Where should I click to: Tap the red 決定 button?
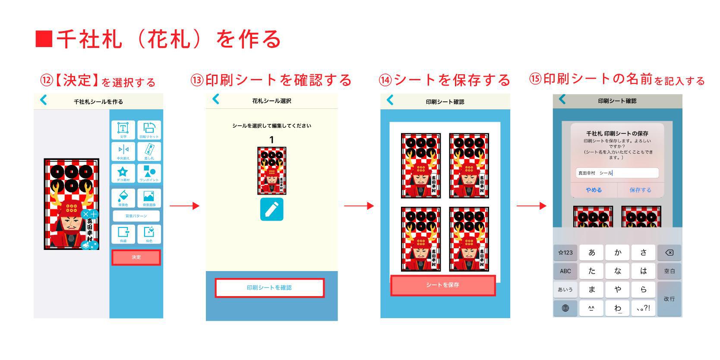[x=136, y=257]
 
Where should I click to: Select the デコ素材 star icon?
[x=123, y=173]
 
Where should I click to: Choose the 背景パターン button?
[x=136, y=216]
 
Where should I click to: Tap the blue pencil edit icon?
[x=272, y=209]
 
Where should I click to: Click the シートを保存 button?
[x=442, y=285]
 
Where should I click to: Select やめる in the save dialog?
[x=594, y=190]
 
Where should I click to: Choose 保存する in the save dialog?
[x=640, y=190]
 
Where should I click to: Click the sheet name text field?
[x=617, y=173]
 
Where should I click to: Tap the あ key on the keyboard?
[x=591, y=253]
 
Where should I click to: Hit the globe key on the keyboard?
[x=565, y=308]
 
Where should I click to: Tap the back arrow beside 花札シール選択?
[x=216, y=99]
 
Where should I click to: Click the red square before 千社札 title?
[x=44, y=39]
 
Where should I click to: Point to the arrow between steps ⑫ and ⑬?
[x=184, y=206]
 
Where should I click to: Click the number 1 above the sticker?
[x=272, y=140]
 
